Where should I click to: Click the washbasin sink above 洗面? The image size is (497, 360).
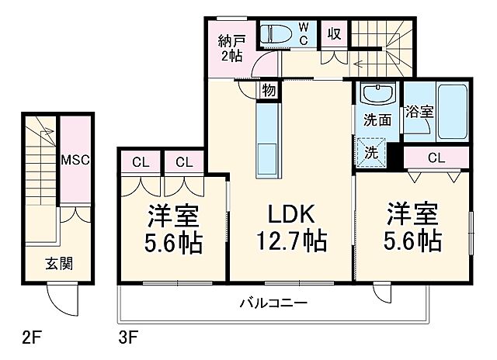pos(378,97)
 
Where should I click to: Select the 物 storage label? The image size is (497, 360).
pos(269,91)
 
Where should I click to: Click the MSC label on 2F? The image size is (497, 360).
pos(76,160)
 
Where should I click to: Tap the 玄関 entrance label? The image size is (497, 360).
pos(58,263)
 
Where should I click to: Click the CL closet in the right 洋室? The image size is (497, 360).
pos(436,157)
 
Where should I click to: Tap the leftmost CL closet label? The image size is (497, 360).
pos(141,162)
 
